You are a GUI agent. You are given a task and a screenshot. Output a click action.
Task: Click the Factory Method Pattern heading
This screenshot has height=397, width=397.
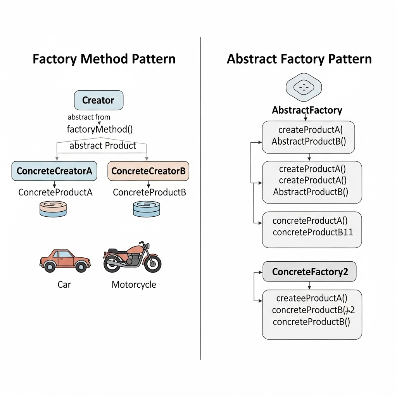104,59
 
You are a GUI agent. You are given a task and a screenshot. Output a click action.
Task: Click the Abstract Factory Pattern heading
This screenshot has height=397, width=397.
299,59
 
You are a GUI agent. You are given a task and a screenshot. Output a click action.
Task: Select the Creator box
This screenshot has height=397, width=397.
98,100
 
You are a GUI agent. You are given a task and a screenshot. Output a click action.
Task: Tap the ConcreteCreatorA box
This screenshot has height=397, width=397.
54,171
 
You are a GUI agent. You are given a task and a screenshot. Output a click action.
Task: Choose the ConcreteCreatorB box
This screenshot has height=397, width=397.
148,171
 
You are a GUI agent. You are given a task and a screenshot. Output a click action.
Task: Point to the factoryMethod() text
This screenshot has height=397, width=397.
100,129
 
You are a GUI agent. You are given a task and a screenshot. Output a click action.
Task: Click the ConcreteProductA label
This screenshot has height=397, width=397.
55,192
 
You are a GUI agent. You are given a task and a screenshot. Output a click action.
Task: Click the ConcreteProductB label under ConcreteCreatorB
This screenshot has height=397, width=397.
149,192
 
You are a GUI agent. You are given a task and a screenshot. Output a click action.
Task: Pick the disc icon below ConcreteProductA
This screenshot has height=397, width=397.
53,208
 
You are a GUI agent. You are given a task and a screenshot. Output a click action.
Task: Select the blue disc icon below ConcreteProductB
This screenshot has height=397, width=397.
146,209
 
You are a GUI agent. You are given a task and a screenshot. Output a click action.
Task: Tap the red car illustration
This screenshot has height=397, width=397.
65,260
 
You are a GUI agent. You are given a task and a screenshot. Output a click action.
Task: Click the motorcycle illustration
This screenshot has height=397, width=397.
132,257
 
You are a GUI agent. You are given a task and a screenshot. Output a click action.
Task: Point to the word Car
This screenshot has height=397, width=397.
64,285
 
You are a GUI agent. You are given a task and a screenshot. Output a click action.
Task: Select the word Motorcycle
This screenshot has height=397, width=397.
134,285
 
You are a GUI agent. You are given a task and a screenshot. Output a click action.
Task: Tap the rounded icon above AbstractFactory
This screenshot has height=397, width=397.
304,87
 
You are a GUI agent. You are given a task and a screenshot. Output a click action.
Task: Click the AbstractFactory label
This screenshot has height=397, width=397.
307,110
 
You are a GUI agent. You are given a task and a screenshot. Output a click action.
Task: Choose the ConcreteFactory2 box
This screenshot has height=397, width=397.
309,272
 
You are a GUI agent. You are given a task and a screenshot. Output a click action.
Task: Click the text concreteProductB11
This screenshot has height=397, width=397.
312,232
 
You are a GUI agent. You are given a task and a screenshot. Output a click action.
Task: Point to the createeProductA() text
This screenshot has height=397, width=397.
312,298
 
